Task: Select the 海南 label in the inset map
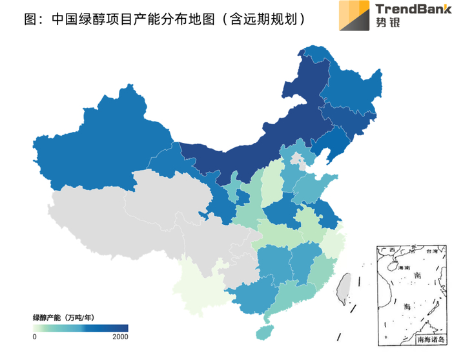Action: [404, 266]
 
